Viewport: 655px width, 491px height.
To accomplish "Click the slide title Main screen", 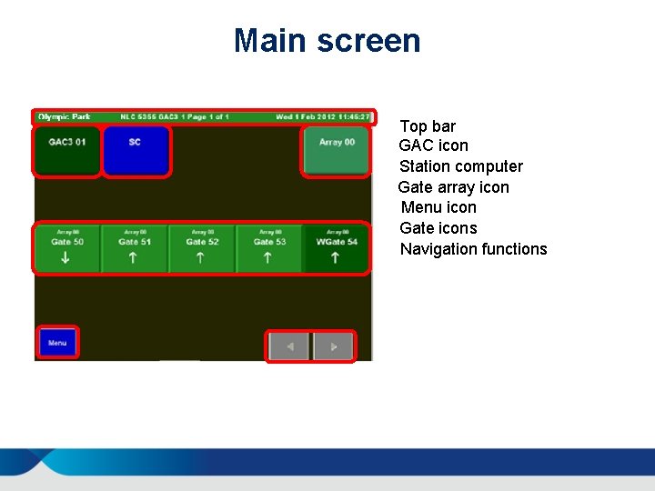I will click(327, 41).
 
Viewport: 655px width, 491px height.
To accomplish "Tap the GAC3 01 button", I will click(67, 151).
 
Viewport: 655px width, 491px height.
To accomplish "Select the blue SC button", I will click(136, 151).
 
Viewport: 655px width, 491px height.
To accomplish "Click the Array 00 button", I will click(336, 151).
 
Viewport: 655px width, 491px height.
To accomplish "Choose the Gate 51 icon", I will click(135, 248).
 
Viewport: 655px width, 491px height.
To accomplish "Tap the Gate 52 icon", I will click(202, 248).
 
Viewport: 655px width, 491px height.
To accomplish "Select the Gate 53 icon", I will click(268, 248).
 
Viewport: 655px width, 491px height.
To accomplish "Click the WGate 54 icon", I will click(336, 248).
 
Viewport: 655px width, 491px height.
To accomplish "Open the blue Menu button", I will click(58, 343).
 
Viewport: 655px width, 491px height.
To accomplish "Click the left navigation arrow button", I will click(289, 346).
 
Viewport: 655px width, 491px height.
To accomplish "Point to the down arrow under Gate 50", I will click(66, 258).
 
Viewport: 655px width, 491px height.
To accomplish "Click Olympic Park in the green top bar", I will click(58, 117).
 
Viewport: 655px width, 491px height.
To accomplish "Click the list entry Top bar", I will click(428, 126).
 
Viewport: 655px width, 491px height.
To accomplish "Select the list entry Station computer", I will click(461, 166).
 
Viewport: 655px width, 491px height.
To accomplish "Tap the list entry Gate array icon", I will click(454, 187).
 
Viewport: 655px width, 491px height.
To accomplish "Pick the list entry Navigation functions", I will click(474, 249).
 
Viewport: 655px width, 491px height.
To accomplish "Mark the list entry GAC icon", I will click(434, 145).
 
